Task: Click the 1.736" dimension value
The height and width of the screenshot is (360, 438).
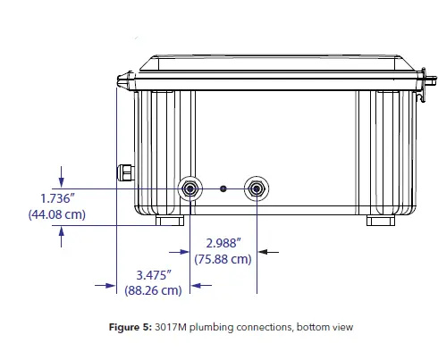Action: [x=57, y=198]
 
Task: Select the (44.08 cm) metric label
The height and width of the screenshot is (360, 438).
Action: [x=57, y=214]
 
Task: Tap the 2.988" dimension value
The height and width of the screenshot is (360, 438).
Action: [x=223, y=243]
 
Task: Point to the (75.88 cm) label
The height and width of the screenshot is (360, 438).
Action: [x=223, y=259]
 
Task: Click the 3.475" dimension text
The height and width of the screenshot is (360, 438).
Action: [x=154, y=275]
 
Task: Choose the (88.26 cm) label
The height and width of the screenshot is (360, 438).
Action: [x=153, y=290]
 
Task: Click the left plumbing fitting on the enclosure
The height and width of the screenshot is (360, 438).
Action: [x=190, y=188]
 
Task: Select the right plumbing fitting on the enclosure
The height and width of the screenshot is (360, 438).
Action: [x=257, y=188]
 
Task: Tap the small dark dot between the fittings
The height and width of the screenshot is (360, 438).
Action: [x=223, y=188]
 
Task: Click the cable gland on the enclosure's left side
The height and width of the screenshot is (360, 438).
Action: [x=125, y=172]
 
